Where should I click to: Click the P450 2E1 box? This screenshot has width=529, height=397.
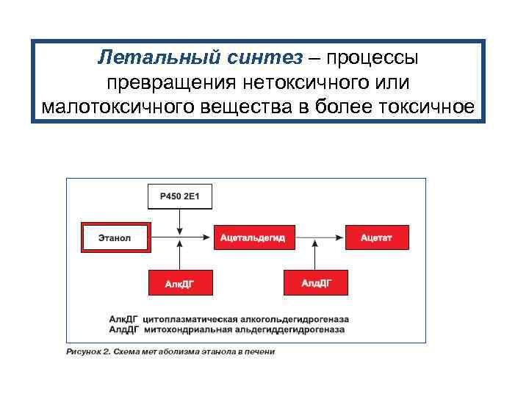180,196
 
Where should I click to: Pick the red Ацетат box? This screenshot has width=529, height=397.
376,237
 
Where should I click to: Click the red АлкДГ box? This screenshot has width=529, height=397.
180,282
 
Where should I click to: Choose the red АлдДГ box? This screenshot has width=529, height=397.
316,282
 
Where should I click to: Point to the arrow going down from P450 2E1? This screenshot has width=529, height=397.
180,223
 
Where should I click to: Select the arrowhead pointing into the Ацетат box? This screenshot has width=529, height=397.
339,237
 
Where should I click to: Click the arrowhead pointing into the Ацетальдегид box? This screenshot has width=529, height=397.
208,237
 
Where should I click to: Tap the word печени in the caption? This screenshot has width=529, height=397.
258,351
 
